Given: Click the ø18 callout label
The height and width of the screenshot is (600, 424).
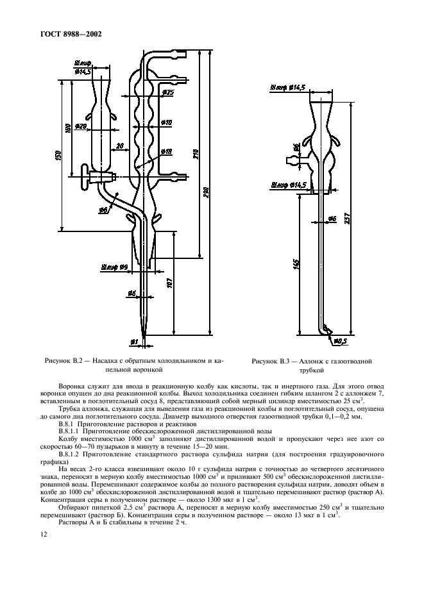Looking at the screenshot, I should (165, 152).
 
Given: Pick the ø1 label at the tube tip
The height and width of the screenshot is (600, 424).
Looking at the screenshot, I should (134, 340).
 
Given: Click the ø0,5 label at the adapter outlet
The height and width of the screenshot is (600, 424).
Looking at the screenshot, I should (340, 340).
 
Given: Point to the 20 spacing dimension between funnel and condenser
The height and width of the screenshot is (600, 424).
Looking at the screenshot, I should (120, 146).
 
